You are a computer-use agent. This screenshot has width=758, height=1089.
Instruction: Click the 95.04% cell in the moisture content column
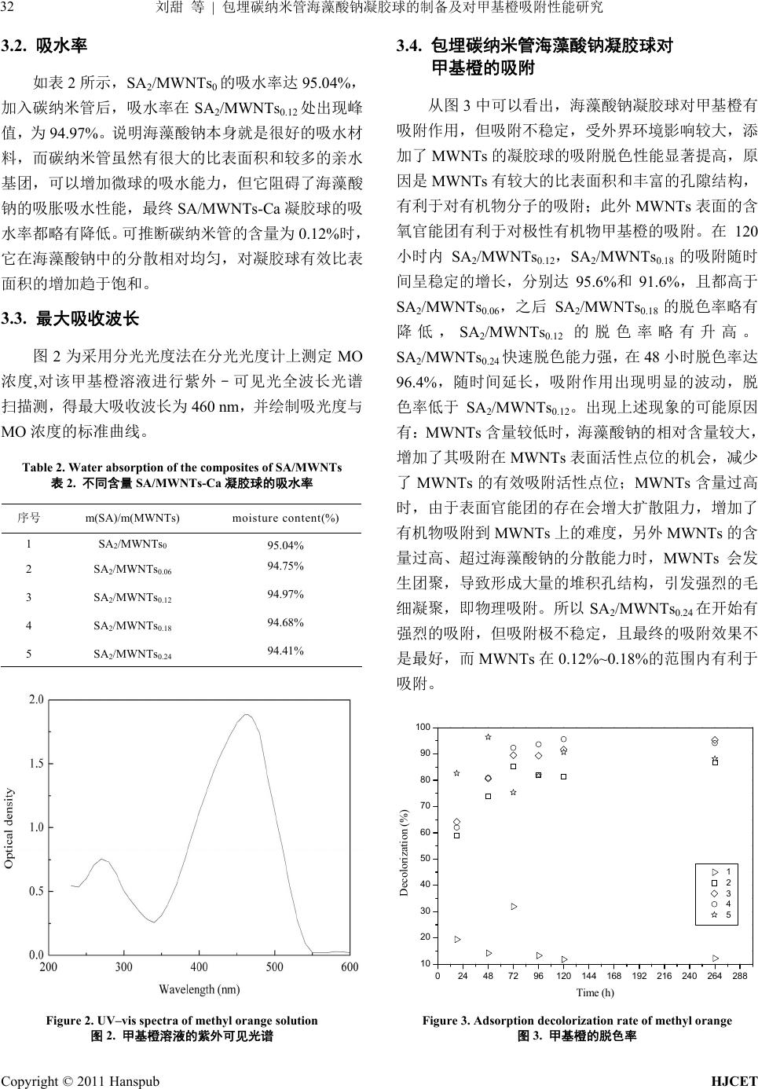pyautogui.click(x=285, y=545)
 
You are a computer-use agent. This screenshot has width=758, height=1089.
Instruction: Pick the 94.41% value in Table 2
pyautogui.click(x=285, y=651)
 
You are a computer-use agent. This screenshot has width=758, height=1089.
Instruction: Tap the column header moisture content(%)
pyautogui.click(x=286, y=518)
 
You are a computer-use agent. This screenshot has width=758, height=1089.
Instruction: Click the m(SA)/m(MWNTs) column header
pyautogui.click(x=132, y=518)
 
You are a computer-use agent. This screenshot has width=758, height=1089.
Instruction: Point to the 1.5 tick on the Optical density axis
pyautogui.click(x=35, y=764)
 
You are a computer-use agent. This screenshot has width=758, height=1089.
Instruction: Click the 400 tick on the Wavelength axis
pyautogui.click(x=200, y=967)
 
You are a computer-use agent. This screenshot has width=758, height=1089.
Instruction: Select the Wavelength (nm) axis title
pyautogui.click(x=200, y=989)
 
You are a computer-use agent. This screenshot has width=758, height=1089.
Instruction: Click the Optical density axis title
pyautogui.click(x=9, y=827)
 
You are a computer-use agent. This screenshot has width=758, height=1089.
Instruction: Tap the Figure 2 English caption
pyautogui.click(x=181, y=1021)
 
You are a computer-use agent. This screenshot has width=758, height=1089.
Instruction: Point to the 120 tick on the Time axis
pyautogui.click(x=563, y=976)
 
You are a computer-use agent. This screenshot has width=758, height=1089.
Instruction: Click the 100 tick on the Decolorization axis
pyautogui.click(x=423, y=728)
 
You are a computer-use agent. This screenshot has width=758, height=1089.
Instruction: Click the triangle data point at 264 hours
pyautogui.click(x=715, y=958)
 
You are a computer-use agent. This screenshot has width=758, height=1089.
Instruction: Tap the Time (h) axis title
pyautogui.click(x=595, y=992)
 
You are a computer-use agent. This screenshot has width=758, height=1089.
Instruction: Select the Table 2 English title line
pyautogui.click(x=181, y=467)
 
